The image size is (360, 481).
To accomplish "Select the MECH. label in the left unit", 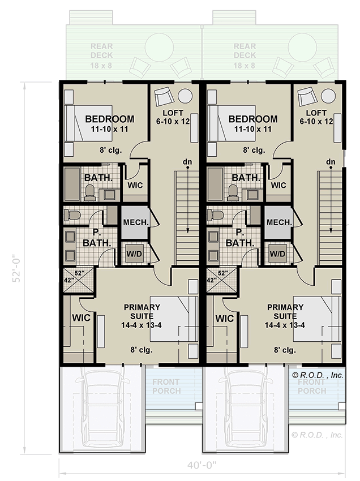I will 136,222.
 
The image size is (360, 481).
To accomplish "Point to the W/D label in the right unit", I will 278,254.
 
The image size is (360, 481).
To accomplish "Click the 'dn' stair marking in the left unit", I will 187,162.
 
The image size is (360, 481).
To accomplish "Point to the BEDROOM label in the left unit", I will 109,124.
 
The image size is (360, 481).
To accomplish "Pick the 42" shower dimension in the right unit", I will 212,280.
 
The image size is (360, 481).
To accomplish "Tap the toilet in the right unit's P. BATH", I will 215,215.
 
